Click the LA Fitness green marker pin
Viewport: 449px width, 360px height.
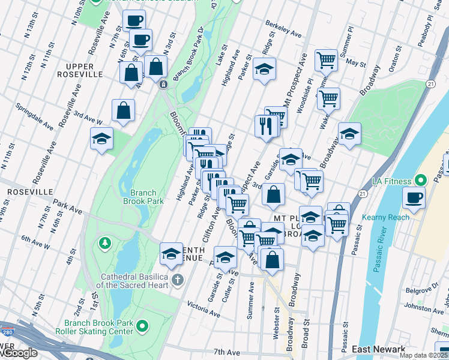pos(420,180)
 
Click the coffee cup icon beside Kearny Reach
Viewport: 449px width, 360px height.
pos(414,197)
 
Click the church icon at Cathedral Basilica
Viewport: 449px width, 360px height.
pos(177,280)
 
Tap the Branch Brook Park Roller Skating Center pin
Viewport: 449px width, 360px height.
pos(142,326)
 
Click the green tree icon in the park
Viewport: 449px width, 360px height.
pos(105,243)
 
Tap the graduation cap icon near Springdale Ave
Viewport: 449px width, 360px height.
pos(102,139)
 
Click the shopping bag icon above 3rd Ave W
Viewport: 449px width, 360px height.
pos(123,110)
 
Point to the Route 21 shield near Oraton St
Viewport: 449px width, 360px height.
pos(430,84)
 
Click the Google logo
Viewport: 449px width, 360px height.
pos(20,353)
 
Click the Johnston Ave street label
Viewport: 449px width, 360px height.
pos(424,307)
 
